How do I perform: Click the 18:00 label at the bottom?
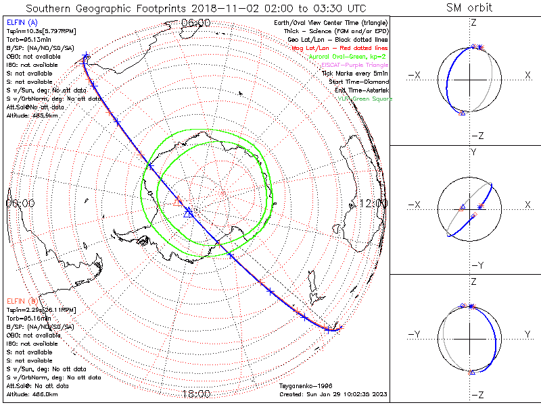point(196,394)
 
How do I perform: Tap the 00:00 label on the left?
point(20,203)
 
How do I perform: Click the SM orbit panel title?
point(469,8)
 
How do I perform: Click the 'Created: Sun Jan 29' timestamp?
point(333,394)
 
